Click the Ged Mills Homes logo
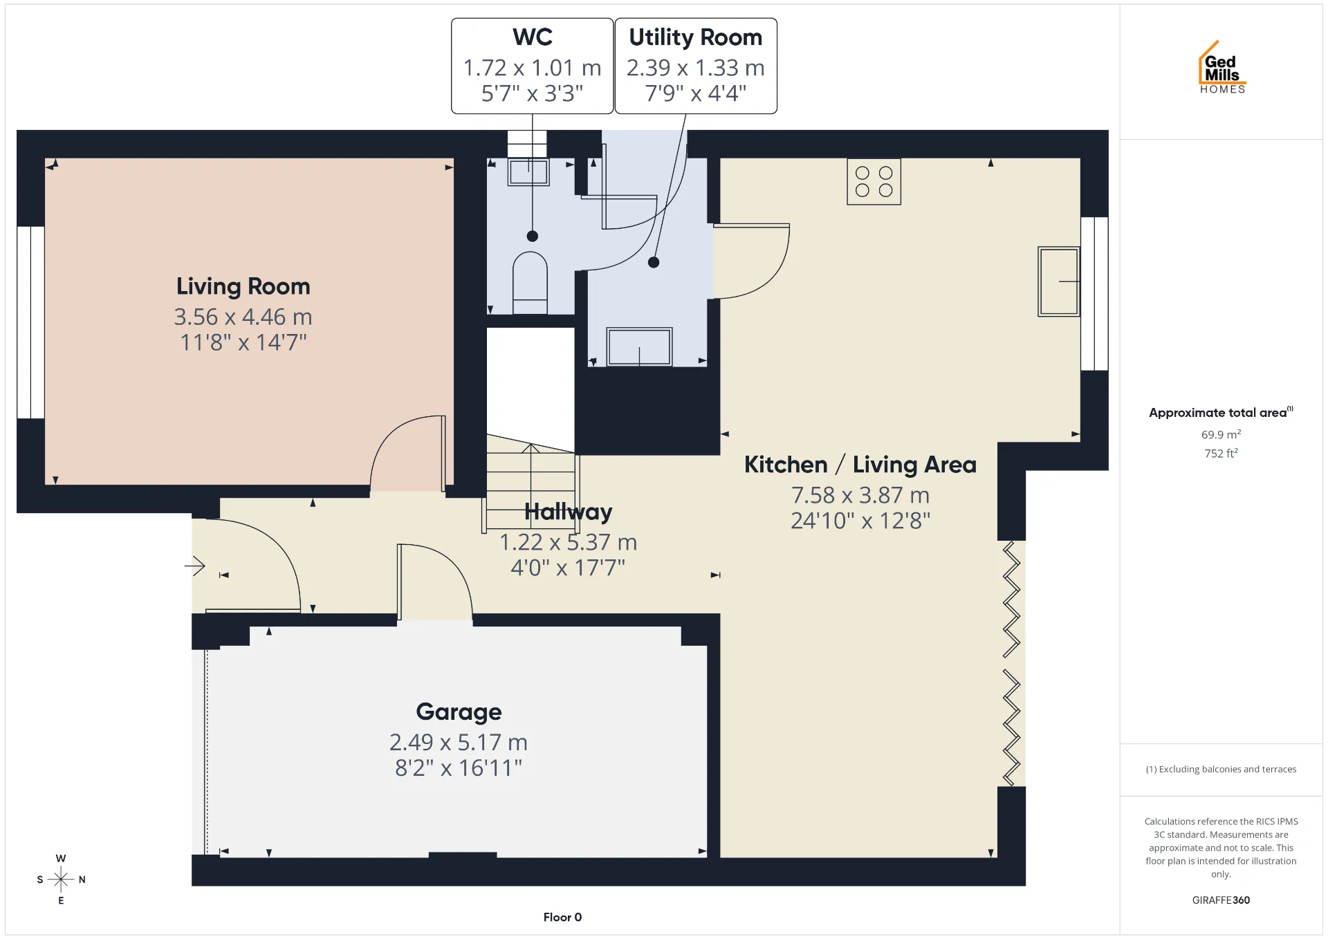pos(1222,67)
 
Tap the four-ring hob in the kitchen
pos(874,182)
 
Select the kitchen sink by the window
pos(1058,281)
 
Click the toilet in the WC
pos(530,283)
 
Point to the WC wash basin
pos(528,172)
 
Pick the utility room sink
pos(639,346)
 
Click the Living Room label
pos(243,286)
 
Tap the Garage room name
pos(459,712)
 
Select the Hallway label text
pos(568,512)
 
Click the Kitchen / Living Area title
pos(860,465)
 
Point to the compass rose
pos(61,880)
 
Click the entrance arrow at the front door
pos(195,566)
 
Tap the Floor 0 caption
pos(562,917)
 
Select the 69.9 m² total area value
pos(1221,434)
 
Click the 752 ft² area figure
pos(1221,453)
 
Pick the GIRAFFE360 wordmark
pos(1221,900)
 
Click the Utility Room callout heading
pos(695,37)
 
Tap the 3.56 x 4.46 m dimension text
pos(243,317)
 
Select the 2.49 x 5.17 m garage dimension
pos(459,742)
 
